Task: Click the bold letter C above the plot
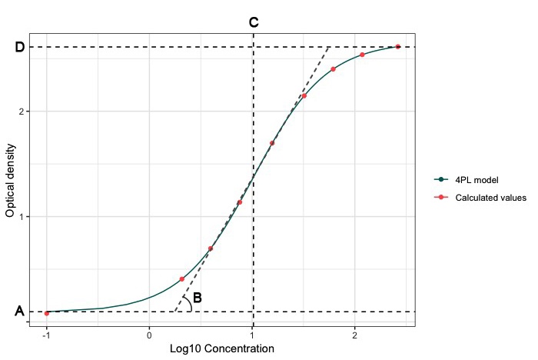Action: (254, 23)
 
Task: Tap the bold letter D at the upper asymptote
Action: (20, 48)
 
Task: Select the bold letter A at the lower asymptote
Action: (19, 312)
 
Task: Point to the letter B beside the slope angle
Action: (198, 298)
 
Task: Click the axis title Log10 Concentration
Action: (221, 349)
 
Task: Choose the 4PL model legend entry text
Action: (477, 180)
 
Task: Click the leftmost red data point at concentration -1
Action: (47, 313)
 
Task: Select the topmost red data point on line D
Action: (397, 47)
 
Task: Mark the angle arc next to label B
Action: (188, 304)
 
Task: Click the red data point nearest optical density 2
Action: (304, 96)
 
